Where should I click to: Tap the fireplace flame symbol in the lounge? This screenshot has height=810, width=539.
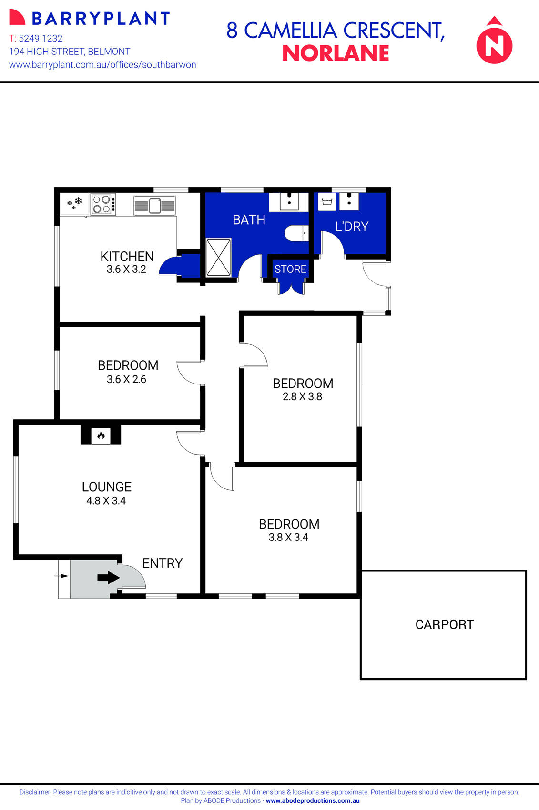101,436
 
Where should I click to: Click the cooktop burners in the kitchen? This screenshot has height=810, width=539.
103,204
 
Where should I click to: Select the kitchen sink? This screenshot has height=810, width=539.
154,206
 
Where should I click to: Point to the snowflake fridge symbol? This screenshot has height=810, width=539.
74,204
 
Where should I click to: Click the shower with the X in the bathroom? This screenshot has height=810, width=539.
218,258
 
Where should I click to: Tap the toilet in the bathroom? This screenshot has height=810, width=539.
296,233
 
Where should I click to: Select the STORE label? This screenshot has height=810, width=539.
290,269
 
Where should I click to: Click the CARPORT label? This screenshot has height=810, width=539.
444,624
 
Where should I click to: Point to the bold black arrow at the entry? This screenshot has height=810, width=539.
108,578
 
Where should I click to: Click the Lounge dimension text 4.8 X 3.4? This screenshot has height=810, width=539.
106,500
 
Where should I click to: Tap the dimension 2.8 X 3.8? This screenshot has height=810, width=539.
302,396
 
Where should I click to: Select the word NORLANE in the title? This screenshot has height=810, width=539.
336,53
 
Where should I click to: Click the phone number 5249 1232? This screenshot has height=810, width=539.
41,38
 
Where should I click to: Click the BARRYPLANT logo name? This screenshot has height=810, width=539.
100,19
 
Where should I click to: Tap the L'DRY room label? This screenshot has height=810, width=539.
352,226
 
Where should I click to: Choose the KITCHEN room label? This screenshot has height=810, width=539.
127,256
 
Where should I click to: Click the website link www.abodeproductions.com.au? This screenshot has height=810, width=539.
313,801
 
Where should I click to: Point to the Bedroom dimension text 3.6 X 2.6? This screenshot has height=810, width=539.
126,379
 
